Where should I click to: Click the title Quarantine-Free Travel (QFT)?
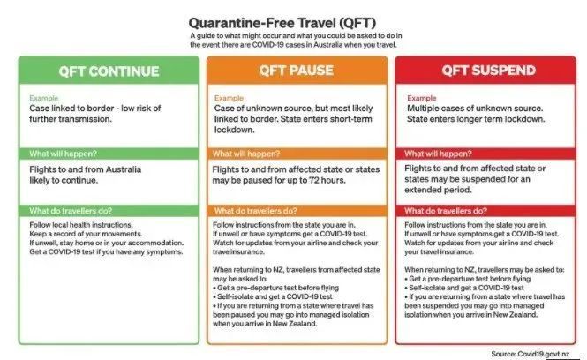coord(282,23)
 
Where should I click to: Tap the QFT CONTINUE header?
coord(109,71)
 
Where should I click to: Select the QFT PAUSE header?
coord(297,71)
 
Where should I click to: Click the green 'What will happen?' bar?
coord(109,154)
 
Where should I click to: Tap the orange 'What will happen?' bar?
coord(297,154)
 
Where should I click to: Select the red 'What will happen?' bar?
coord(485,154)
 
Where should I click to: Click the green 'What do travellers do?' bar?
coord(109,211)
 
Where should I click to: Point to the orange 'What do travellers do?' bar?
coord(297,211)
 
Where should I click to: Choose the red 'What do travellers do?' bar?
coord(485,211)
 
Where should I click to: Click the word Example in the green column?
coord(44,98)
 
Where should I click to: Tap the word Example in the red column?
coord(422,98)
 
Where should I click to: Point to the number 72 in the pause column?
coord(313,180)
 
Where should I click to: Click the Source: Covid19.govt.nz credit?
coord(531,354)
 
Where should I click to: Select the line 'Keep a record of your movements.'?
coord(86,234)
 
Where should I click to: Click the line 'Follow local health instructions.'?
coord(81,225)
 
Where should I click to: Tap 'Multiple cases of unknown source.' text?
coord(475,109)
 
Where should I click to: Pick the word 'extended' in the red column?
coord(419,190)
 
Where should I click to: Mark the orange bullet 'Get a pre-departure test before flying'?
coord(276,288)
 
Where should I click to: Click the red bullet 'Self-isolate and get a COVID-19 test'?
coord(463,288)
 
